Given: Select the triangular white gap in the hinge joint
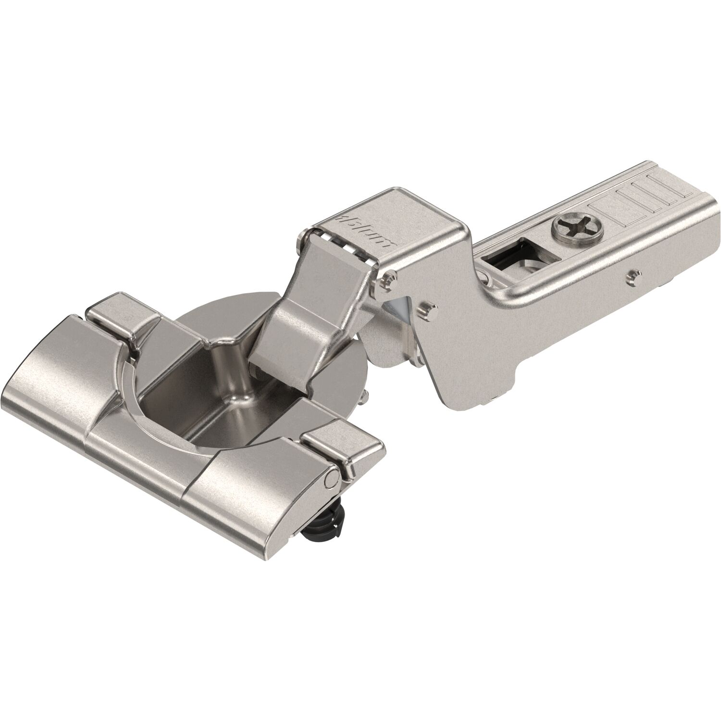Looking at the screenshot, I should (398, 308).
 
